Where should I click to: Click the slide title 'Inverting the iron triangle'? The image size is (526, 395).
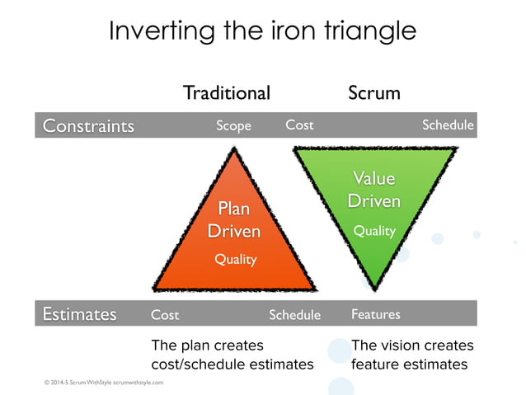tap(262, 31)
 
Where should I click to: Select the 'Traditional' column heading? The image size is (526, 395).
tap(226, 92)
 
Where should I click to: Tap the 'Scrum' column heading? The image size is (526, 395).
tap(373, 92)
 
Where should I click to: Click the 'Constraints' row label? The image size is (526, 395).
tap(88, 125)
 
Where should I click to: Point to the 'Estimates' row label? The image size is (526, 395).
tap(79, 314)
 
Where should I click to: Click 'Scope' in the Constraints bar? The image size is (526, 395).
tap(233, 125)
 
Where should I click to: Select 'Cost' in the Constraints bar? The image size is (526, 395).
tap(299, 125)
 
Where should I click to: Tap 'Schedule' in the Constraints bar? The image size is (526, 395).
tap(448, 125)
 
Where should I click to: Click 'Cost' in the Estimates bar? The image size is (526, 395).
tap(165, 314)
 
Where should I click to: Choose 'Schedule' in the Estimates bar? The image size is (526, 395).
tap(294, 314)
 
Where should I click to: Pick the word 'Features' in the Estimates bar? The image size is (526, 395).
tap(375, 314)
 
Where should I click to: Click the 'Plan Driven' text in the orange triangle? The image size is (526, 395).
tap(234, 220)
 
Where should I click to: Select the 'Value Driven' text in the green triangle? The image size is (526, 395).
tap(373, 190)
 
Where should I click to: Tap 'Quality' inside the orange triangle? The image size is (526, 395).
tap(236, 259)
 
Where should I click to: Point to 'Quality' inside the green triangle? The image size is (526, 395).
tap(374, 231)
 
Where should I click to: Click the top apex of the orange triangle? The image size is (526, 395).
tap(235, 149)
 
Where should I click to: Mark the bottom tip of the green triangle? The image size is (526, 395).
tap(374, 288)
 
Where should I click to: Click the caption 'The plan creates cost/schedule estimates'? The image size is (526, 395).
tap(232, 355)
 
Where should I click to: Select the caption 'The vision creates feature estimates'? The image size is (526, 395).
tap(412, 355)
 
